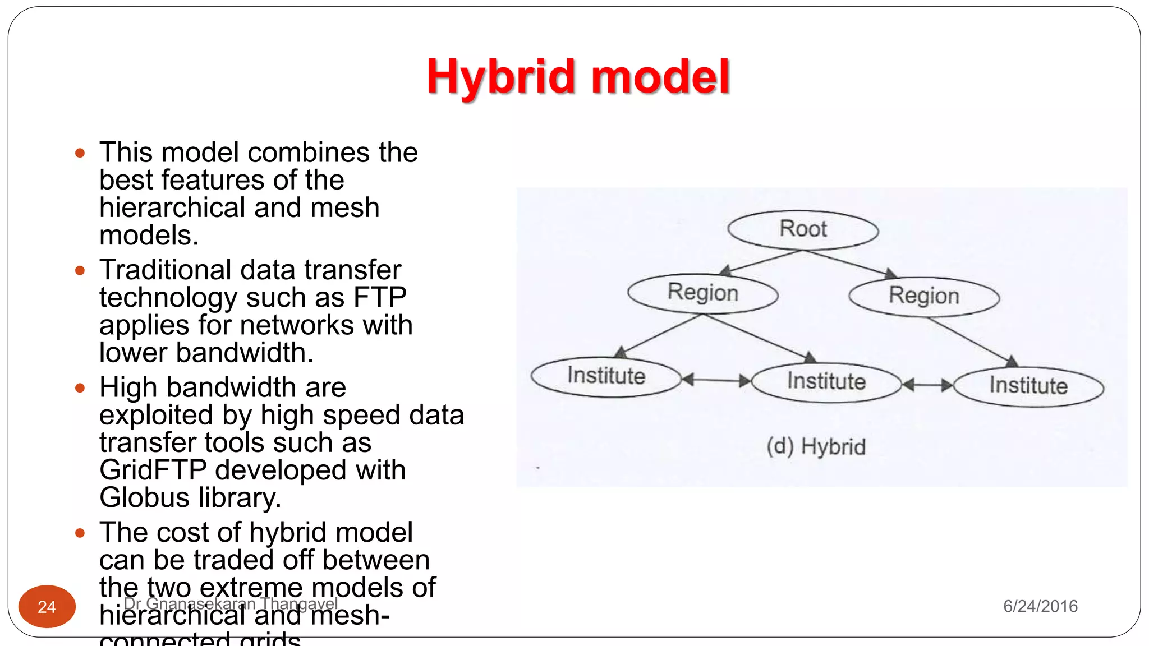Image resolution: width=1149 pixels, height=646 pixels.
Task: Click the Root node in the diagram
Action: (x=803, y=229)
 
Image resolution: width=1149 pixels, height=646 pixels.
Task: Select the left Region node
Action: (x=702, y=293)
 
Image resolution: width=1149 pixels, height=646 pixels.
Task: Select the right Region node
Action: (x=924, y=296)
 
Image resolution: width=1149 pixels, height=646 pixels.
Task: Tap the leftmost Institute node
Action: (x=606, y=376)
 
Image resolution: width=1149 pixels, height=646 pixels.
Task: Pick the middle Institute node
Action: (x=826, y=382)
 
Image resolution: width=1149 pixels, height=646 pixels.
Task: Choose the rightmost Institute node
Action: (x=1028, y=386)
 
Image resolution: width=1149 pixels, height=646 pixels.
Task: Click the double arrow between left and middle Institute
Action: (x=716, y=380)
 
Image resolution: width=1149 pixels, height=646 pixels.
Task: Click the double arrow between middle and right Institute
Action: (x=927, y=385)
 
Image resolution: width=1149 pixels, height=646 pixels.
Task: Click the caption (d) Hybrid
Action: (x=816, y=447)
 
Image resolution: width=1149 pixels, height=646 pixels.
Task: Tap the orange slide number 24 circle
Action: (x=47, y=606)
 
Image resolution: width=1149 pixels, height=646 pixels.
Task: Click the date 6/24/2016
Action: (x=1040, y=606)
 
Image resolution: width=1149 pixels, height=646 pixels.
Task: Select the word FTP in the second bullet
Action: (x=380, y=297)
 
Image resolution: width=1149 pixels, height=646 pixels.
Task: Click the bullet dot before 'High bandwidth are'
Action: (x=80, y=388)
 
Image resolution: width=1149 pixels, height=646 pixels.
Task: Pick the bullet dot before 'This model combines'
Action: (x=80, y=153)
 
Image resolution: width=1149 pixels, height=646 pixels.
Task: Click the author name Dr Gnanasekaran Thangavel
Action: (x=231, y=603)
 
